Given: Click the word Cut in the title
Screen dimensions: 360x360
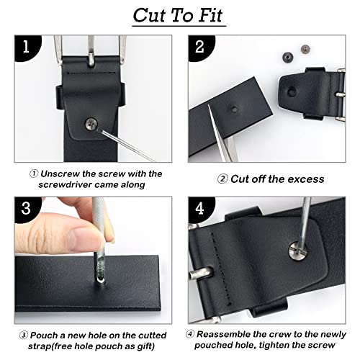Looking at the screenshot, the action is [x=150, y=16].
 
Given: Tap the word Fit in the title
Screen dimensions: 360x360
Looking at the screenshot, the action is [x=211, y=16].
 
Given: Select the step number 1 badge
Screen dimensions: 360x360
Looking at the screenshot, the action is [x=27, y=48].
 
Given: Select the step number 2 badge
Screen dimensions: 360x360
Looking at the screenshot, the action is [x=201, y=48].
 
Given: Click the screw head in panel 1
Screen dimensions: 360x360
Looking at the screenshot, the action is [x=91, y=124].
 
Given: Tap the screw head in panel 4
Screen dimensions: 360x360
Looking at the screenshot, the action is [x=297, y=251].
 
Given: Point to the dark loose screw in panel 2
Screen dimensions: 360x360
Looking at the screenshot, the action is [x=287, y=57].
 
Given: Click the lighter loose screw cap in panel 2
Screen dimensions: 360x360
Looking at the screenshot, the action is [x=305, y=50].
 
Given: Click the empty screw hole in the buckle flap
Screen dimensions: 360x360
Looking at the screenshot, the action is [x=292, y=91].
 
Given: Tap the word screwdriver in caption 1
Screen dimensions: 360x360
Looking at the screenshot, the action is [x=66, y=185].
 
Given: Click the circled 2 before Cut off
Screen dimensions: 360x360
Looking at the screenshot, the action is [x=222, y=179].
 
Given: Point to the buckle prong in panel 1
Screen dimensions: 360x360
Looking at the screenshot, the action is [x=91, y=51].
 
